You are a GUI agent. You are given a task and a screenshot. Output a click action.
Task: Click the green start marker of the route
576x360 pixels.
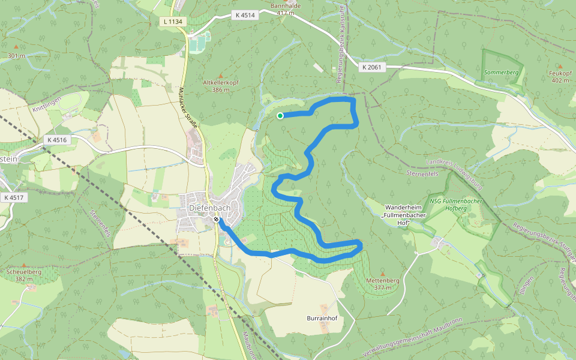coord(280,116)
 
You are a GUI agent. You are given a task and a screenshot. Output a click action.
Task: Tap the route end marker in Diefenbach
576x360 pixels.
coord(216,220)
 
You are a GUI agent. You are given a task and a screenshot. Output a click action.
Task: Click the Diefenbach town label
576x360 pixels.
coord(210,208)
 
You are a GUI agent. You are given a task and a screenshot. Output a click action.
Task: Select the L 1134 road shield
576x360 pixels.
coord(175,22)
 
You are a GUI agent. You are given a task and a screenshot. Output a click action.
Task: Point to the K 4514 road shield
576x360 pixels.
coord(245,15)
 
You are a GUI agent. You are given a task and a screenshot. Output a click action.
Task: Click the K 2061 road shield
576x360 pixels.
coord(372,68)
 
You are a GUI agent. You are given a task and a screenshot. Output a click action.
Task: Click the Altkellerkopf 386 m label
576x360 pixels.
coord(217,86)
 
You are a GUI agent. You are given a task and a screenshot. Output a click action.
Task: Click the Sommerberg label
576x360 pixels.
coord(501,72)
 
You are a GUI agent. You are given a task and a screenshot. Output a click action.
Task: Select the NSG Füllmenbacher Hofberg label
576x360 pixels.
coord(456,204)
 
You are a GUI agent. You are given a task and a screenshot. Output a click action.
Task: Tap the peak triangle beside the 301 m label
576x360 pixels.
coord(16,47)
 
